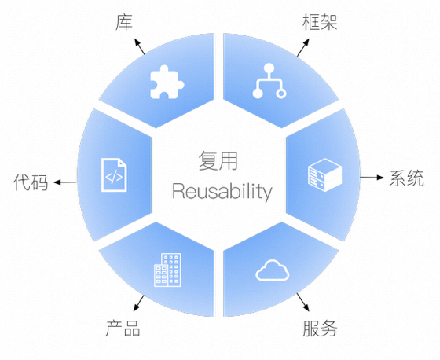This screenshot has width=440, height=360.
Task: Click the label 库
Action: [x=124, y=22]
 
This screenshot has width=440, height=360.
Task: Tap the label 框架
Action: [x=320, y=22]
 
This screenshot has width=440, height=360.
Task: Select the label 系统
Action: [x=406, y=178]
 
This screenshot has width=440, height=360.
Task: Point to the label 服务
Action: [x=320, y=329]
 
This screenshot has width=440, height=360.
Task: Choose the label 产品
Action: [x=123, y=328]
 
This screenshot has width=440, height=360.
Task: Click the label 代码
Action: [x=31, y=182]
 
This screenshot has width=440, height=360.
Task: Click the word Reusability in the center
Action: [x=222, y=192]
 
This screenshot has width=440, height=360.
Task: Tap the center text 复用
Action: [x=218, y=160]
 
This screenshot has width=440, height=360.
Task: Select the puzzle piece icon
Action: [x=167, y=82]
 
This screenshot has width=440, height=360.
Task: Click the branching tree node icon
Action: [x=269, y=81]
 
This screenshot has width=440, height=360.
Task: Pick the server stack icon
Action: [x=325, y=175]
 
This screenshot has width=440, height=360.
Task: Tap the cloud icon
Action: [x=272, y=270]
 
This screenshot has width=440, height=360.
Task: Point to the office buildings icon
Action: [x=167, y=270]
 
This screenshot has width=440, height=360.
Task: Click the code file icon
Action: [x=114, y=175]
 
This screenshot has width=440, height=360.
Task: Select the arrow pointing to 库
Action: [x=140, y=46]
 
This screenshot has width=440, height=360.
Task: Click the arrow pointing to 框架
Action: [x=303, y=47]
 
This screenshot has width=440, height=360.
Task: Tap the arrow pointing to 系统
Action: [x=372, y=178]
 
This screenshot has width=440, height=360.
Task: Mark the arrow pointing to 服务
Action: [x=303, y=303]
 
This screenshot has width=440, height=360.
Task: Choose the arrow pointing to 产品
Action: [x=138, y=303]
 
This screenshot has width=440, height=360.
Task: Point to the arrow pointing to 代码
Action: [x=65, y=182]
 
